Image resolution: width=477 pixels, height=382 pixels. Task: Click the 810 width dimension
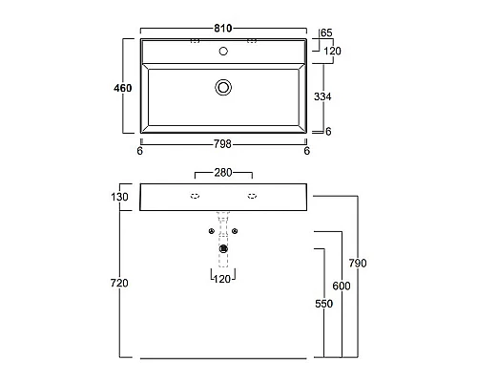click(222, 29)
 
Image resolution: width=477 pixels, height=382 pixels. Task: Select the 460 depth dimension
click(123, 88)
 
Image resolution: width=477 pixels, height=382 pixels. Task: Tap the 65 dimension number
click(326, 32)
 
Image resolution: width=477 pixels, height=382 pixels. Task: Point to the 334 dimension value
click(322, 96)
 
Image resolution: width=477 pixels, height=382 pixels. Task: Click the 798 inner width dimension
click(222, 144)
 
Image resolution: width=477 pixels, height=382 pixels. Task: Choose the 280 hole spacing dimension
click(223, 173)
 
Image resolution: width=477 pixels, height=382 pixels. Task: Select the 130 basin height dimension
click(119, 197)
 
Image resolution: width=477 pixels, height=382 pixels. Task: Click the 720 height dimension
click(119, 283)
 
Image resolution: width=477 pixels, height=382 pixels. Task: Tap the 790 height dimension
click(358, 264)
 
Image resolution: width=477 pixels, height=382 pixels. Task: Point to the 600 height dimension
click(342, 286)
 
